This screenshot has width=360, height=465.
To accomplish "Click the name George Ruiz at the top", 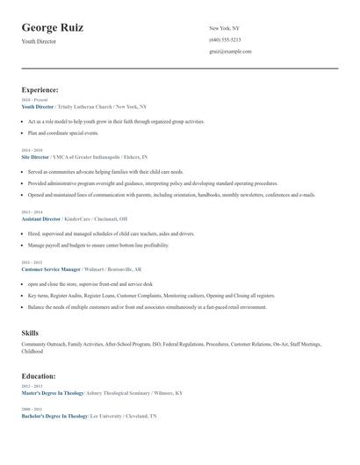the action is (x=53, y=28).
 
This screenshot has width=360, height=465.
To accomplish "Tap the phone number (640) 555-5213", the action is (x=225, y=40).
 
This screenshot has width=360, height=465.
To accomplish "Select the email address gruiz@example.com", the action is (x=230, y=52).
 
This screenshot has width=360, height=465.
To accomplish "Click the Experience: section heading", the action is (x=40, y=89).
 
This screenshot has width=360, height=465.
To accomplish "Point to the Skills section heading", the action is (x=30, y=333).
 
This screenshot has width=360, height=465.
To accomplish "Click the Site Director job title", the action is (x=35, y=156).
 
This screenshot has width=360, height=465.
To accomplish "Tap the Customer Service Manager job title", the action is (x=51, y=269).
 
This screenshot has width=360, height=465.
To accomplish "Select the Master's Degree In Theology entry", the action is (x=54, y=393).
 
